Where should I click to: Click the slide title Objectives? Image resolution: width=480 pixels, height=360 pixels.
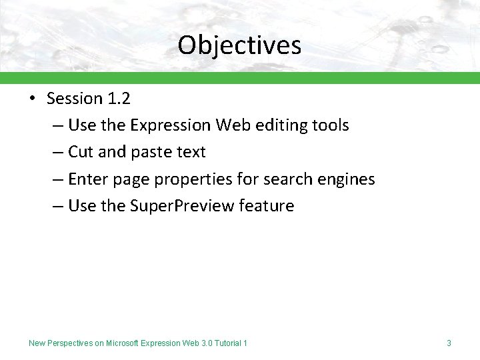239,45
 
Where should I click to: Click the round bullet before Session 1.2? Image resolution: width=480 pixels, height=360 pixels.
32,99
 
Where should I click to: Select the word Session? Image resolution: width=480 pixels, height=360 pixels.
74,99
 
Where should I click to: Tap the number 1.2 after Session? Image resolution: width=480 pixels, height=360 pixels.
118,99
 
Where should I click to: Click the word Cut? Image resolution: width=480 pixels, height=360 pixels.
81,152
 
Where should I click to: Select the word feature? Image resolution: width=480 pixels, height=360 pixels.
267,206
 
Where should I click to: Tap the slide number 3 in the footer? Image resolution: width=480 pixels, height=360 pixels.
449,343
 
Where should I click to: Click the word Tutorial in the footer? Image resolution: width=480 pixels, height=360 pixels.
226,343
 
